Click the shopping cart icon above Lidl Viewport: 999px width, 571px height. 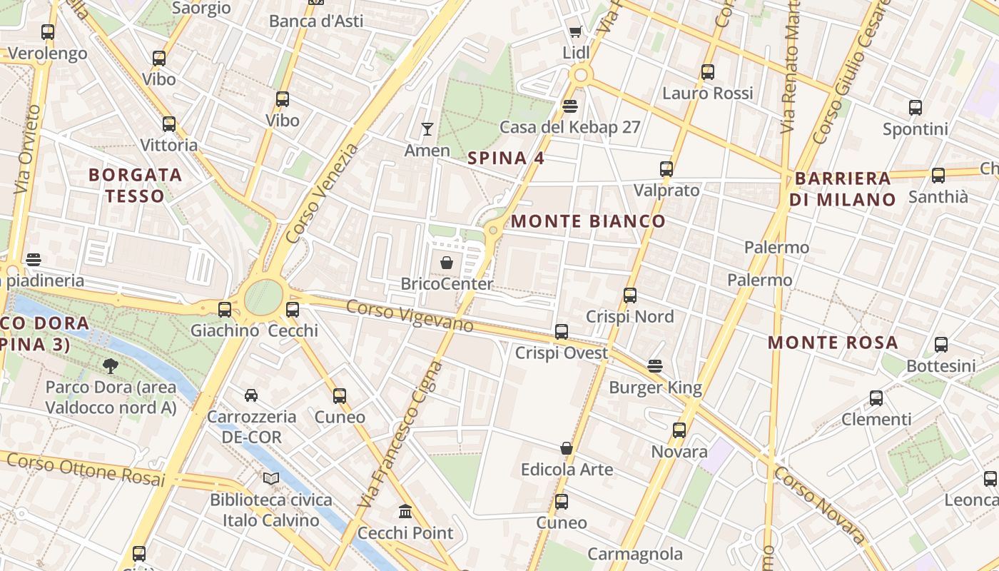(x=575, y=31)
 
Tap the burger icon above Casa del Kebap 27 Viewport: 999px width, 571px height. (x=569, y=106)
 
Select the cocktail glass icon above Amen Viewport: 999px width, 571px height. (x=427, y=129)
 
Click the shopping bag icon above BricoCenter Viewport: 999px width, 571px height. (x=447, y=263)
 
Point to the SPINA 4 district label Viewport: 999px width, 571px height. (x=506, y=158)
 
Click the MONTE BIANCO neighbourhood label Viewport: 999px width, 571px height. (x=588, y=221)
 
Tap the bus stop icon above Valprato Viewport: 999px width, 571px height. (x=666, y=169)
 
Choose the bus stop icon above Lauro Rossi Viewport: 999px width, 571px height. (x=707, y=72)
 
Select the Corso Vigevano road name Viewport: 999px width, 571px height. (x=410, y=315)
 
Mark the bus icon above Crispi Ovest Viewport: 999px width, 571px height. (x=562, y=331)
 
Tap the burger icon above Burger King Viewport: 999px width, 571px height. (x=655, y=366)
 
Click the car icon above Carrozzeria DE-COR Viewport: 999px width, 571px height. (x=251, y=395)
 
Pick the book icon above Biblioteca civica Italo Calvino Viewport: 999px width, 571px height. (x=270, y=478)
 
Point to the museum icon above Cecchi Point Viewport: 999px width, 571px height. (x=405, y=511)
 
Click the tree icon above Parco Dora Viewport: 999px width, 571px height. (x=111, y=366)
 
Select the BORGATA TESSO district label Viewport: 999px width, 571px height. (x=136, y=185)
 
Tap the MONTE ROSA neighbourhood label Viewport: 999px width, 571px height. (x=833, y=343)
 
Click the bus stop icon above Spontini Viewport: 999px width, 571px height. (x=916, y=108)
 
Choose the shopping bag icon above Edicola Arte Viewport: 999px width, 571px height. (x=567, y=448)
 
